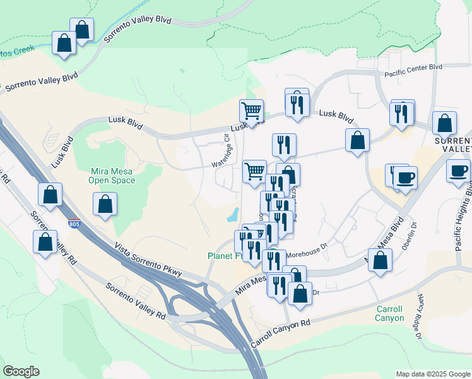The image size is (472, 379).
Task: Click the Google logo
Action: click(x=21, y=371)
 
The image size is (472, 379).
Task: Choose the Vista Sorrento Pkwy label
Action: click(x=148, y=260)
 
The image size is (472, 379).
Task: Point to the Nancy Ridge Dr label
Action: click(x=418, y=316)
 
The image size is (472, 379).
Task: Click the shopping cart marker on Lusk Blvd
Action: click(x=251, y=111)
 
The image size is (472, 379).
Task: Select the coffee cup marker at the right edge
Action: click(x=458, y=171)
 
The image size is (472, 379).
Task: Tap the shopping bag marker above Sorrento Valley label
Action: click(x=445, y=123)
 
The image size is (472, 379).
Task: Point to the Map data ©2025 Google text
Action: click(x=432, y=374)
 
